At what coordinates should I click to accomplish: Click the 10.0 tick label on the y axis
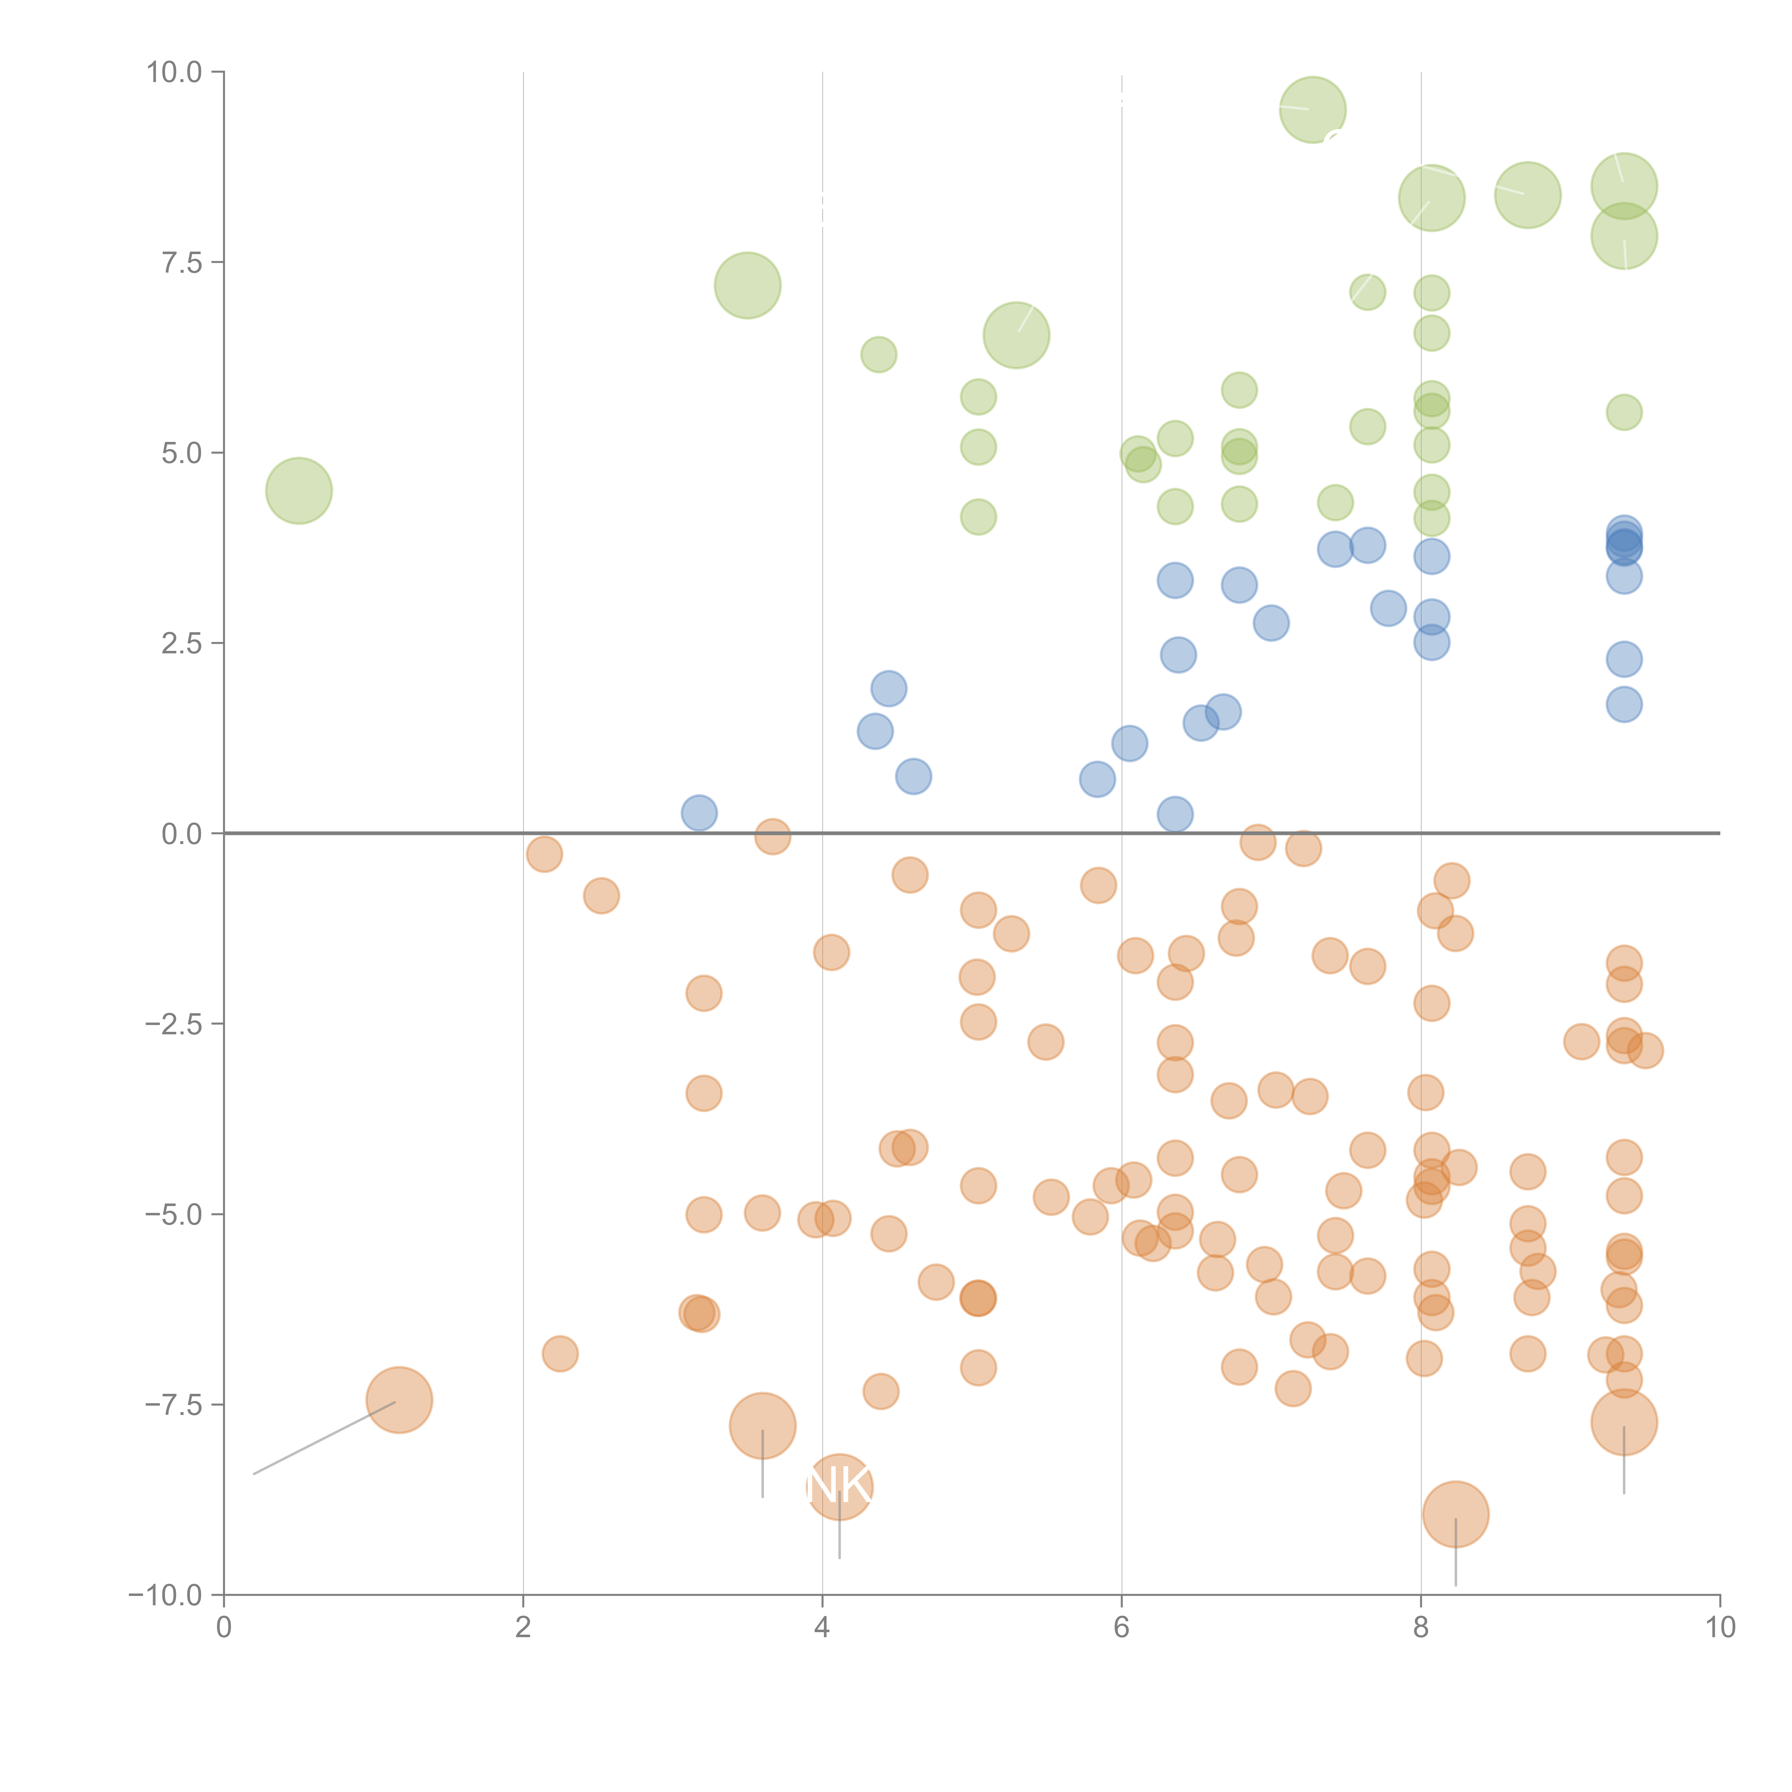tap(175, 72)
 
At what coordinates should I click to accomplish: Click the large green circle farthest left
tap(299, 491)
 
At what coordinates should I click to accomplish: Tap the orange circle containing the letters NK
tap(839, 1487)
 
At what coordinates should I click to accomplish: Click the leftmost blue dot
tap(699, 812)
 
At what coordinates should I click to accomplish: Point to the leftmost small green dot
tap(878, 354)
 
